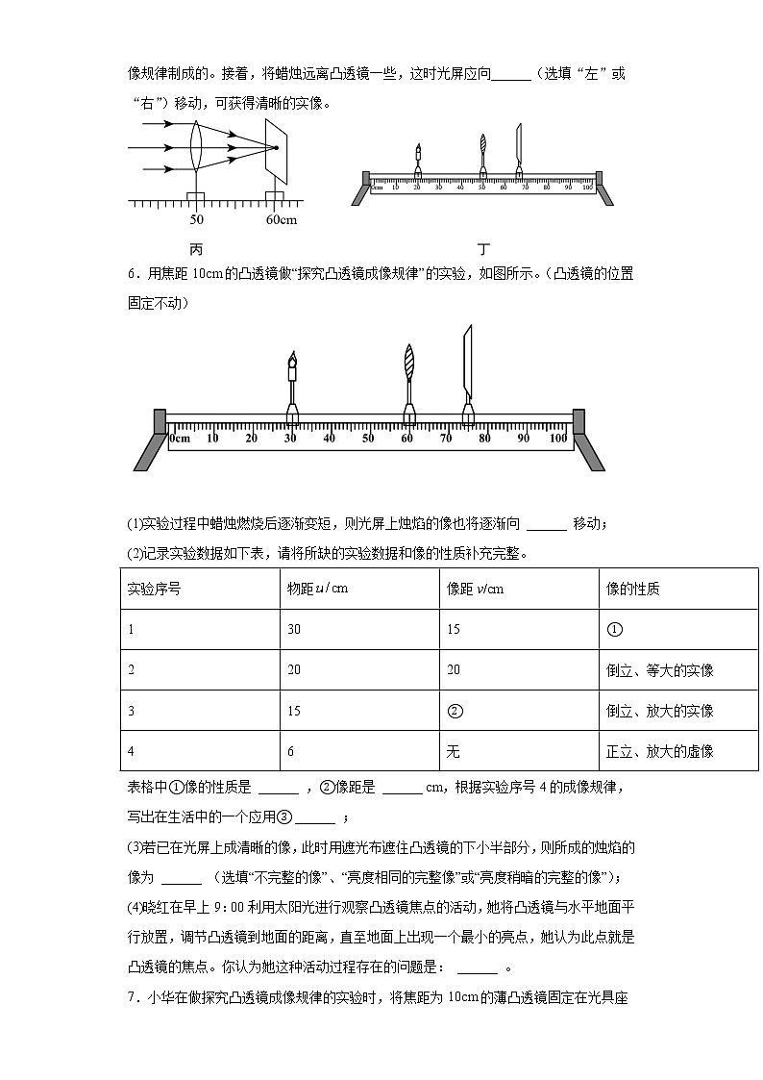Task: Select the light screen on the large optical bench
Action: pyautogui.click(x=468, y=361)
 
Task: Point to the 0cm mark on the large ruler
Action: pyautogui.click(x=180, y=439)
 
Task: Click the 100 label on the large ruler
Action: pyautogui.click(x=558, y=439)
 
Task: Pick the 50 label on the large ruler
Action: pyautogui.click(x=368, y=439)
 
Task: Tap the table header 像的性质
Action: pyautogui.click(x=633, y=589)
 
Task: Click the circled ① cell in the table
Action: pyautogui.click(x=616, y=629)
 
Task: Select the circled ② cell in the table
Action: pyautogui.click(x=455, y=711)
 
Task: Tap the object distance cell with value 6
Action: pyautogui.click(x=291, y=751)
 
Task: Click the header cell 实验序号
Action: pyautogui.click(x=154, y=589)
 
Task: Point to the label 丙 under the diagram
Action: pyautogui.click(x=197, y=249)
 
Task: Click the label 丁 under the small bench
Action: pyautogui.click(x=483, y=249)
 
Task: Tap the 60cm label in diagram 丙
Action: pyautogui.click(x=282, y=220)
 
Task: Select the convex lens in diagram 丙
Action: pyautogui.click(x=196, y=147)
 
